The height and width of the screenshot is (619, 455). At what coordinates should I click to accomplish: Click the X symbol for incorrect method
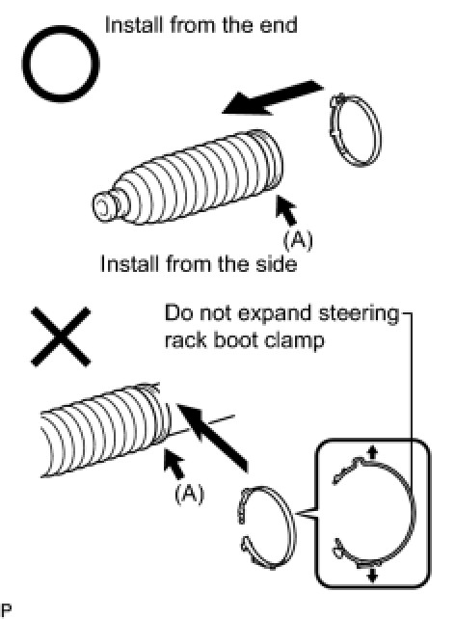(x=61, y=336)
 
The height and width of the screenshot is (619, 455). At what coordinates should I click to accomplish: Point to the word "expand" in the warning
(x=275, y=315)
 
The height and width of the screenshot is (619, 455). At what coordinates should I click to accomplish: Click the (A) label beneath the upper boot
(x=298, y=240)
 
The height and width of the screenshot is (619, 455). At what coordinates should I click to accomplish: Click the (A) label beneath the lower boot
(x=189, y=494)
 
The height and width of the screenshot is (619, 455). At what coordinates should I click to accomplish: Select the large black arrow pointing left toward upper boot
(x=272, y=98)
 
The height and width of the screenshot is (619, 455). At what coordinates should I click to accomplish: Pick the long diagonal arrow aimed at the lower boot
(x=213, y=438)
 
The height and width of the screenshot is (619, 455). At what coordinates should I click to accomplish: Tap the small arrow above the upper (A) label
(x=286, y=209)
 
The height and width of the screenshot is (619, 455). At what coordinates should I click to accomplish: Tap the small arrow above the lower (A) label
(x=175, y=463)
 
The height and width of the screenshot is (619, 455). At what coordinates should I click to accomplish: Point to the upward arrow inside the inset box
(x=372, y=452)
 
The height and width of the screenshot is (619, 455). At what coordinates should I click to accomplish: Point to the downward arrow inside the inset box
(x=372, y=575)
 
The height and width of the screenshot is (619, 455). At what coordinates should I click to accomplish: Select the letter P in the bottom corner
(x=6, y=610)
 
